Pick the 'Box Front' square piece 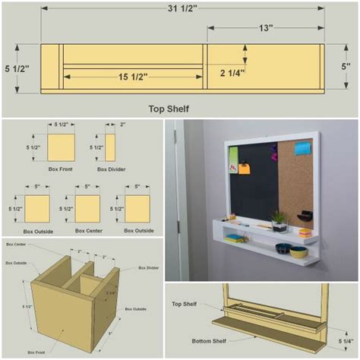(62, 147)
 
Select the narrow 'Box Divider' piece (111, 147)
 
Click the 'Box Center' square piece (87, 208)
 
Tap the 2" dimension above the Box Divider (122, 125)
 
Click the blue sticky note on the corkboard (302, 147)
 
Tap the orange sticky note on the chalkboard (245, 169)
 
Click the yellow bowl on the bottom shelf (298, 251)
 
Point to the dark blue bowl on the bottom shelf (283, 248)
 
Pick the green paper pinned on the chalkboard (233, 160)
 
